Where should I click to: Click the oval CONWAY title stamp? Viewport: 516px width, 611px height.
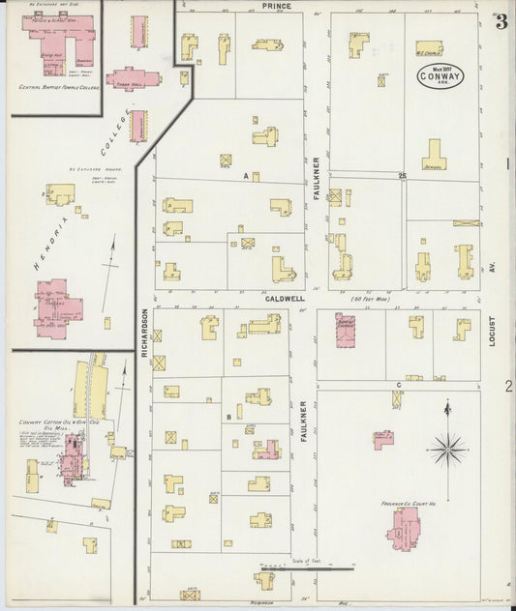(440, 75)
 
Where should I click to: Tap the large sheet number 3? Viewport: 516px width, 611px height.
(501, 22)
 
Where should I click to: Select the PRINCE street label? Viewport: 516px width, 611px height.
(276, 6)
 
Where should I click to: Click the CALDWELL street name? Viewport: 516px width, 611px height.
(287, 300)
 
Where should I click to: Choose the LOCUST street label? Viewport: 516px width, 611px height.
(491, 329)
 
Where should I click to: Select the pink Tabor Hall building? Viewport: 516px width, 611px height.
(133, 78)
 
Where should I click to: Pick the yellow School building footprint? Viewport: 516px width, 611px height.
(433, 156)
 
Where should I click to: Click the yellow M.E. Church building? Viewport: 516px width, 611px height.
(430, 47)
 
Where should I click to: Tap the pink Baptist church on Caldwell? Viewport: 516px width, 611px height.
(345, 330)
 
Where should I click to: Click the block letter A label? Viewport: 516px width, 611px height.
(247, 176)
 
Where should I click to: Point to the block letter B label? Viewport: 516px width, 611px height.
(228, 417)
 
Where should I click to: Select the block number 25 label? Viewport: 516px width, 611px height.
(401, 176)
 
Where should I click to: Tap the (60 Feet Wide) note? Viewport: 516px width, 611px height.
(369, 300)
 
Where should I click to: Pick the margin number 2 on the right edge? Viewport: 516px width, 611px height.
(507, 386)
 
